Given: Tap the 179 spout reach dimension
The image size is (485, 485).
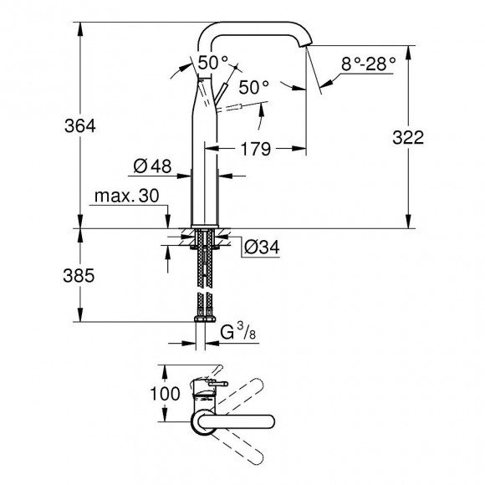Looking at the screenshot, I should pyautogui.click(x=255, y=150).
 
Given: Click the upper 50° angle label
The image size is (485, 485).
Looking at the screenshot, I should pyautogui.click(x=212, y=62).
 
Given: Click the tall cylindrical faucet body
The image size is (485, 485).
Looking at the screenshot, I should pyautogui.click(x=206, y=159).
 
